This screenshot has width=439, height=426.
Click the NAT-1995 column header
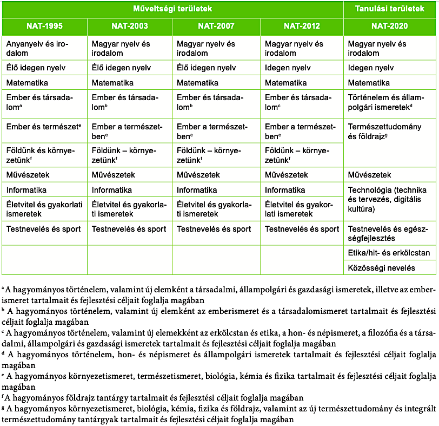pos(44,26)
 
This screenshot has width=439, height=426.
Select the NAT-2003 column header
pos(130,26)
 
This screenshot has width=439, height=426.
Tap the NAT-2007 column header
pos(216,26)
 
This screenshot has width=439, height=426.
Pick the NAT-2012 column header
pos(302,26)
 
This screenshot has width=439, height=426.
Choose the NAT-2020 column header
pos(389,26)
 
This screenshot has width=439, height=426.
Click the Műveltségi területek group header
pos(172,9)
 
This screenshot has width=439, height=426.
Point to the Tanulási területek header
pos(389,9)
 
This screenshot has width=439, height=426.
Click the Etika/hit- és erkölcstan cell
pos(389,253)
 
